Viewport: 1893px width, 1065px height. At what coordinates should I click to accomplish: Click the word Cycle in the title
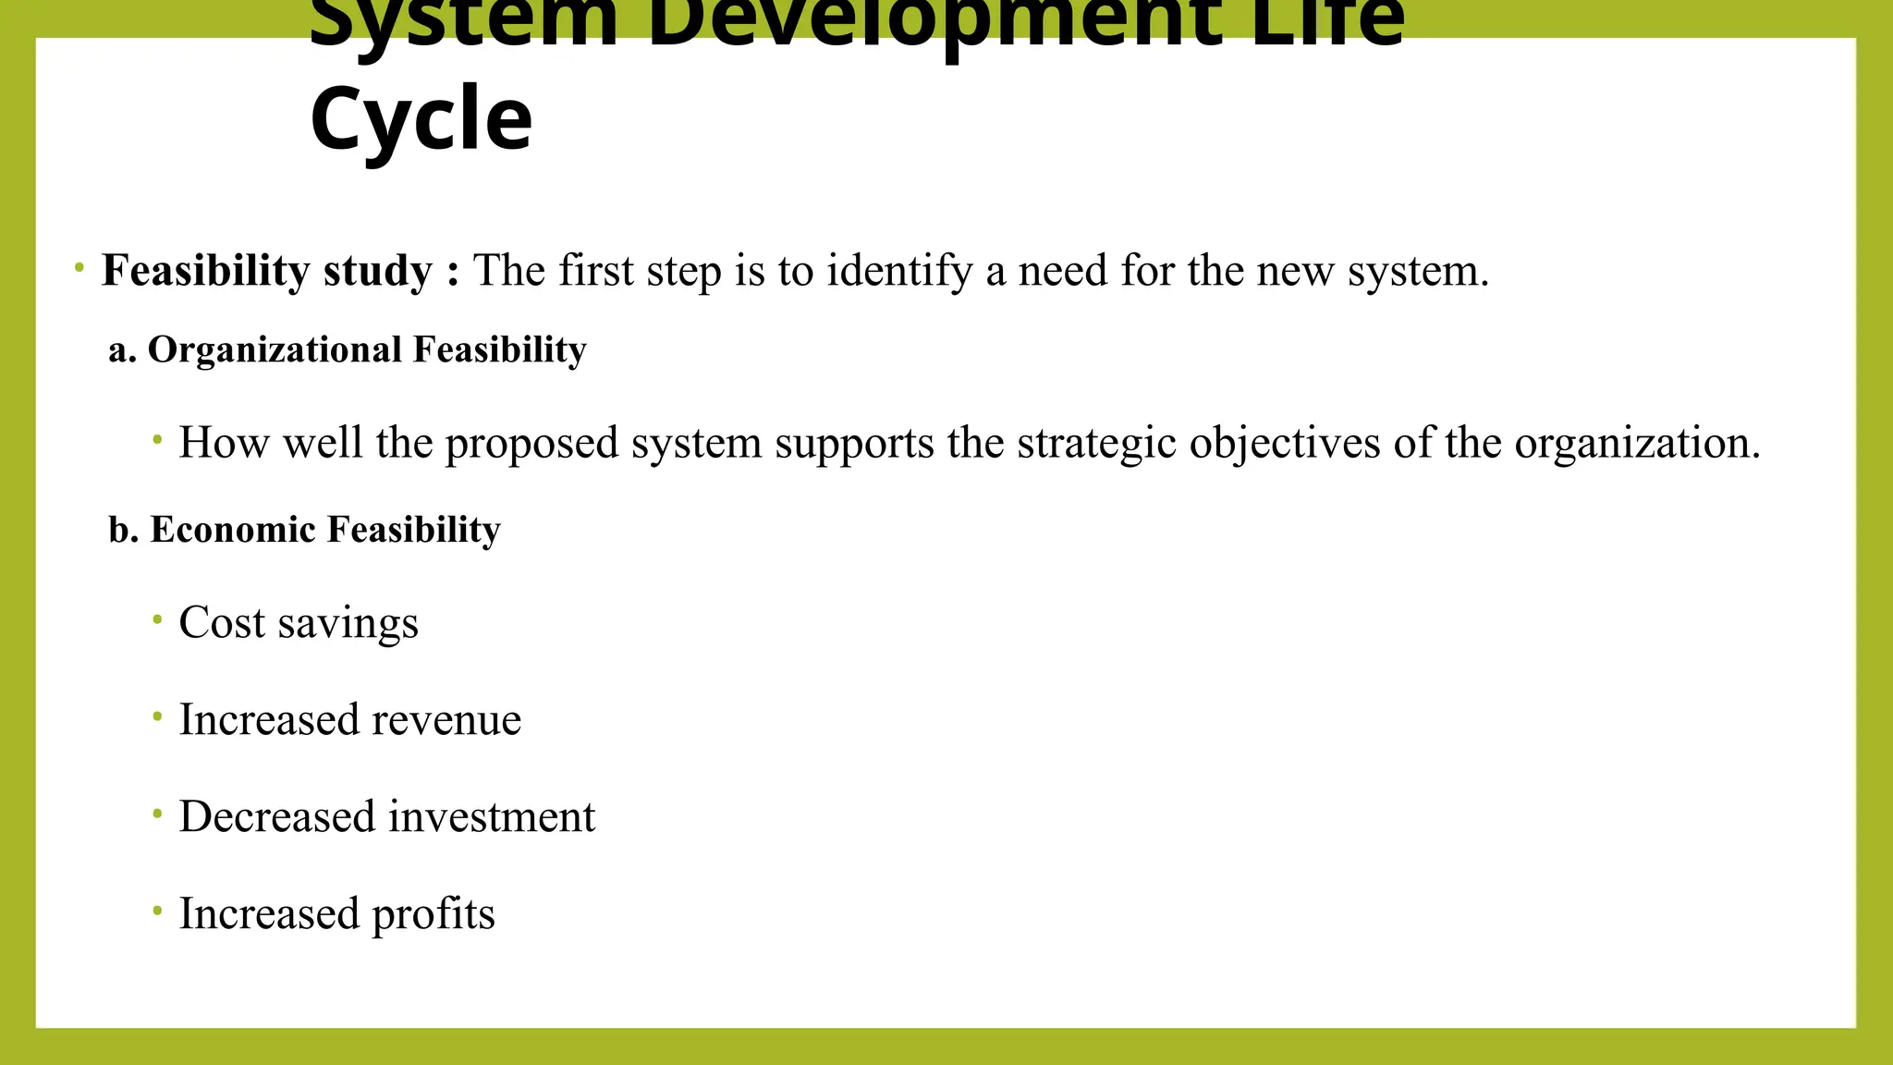point(421,119)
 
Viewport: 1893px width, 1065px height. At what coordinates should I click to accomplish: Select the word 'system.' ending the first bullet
point(1418,271)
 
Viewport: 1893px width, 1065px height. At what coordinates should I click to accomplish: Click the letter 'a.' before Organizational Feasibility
point(122,350)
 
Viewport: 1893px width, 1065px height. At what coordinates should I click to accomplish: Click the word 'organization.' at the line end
point(1637,443)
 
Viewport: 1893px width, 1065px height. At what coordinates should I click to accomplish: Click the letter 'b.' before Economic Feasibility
point(123,530)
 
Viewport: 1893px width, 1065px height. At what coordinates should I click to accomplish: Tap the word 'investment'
point(492,817)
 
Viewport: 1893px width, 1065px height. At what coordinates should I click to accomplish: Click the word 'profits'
point(434,914)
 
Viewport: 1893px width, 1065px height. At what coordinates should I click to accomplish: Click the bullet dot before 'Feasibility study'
point(79,268)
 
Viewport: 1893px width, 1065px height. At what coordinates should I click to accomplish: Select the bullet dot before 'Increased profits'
point(158,911)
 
